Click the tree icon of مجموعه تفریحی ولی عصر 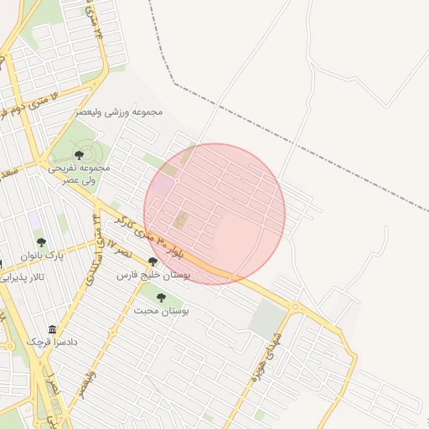tap(79, 154)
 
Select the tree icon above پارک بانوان tap(41, 242)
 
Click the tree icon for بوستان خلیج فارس tap(152, 261)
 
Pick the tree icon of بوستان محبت tap(161, 297)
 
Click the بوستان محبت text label tap(162, 310)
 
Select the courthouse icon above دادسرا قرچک tap(53, 329)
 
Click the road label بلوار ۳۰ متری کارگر tap(183, 243)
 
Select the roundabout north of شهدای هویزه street tap(295, 307)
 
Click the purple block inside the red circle tap(163, 184)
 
